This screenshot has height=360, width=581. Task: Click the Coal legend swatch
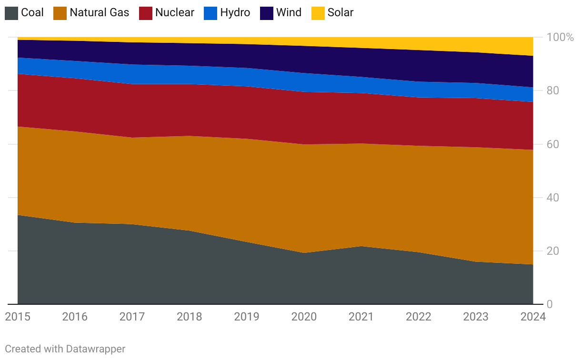11,12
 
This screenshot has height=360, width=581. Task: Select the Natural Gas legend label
99,12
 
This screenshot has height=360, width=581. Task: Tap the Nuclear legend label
174,12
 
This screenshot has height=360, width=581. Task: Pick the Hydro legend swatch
210,12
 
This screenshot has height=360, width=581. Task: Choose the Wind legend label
289,12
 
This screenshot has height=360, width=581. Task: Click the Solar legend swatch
318,12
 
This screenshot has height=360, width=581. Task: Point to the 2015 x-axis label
18,317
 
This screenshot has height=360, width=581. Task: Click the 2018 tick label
190,317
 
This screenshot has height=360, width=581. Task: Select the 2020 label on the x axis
304,317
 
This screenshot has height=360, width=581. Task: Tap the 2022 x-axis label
419,317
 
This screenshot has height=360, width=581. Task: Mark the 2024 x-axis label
532,317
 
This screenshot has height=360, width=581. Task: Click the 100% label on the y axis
560,37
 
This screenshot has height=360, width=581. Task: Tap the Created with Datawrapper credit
65,349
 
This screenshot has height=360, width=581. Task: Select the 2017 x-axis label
132,317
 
